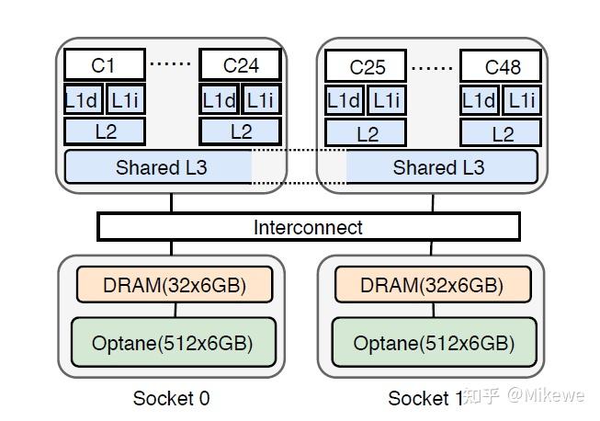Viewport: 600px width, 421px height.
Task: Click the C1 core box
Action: click(105, 64)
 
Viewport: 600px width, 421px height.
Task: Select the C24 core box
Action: click(241, 64)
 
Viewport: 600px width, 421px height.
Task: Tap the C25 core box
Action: click(366, 66)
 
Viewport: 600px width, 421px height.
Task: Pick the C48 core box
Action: click(501, 66)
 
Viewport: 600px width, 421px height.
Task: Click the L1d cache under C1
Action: click(84, 99)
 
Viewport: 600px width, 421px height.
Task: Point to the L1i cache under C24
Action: click(262, 99)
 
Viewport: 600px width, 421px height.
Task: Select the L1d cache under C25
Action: click(344, 101)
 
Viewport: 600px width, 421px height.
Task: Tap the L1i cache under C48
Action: click(522, 101)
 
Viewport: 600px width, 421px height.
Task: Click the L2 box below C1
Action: click(105, 131)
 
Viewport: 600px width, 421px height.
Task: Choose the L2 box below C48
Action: click(501, 132)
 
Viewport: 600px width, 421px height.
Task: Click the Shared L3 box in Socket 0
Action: click(158, 167)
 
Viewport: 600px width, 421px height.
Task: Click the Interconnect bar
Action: click(309, 226)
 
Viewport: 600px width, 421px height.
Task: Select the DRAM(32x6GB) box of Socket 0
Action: click(175, 285)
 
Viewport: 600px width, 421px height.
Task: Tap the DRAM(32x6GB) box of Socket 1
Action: click(433, 285)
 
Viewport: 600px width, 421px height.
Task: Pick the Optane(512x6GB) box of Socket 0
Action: click(174, 342)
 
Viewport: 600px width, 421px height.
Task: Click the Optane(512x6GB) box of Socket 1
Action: click(435, 342)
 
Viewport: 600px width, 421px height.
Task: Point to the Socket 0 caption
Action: click(172, 398)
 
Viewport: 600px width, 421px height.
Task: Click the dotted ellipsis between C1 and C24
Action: click(170, 63)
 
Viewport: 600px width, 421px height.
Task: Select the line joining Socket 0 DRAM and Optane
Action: click(175, 310)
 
